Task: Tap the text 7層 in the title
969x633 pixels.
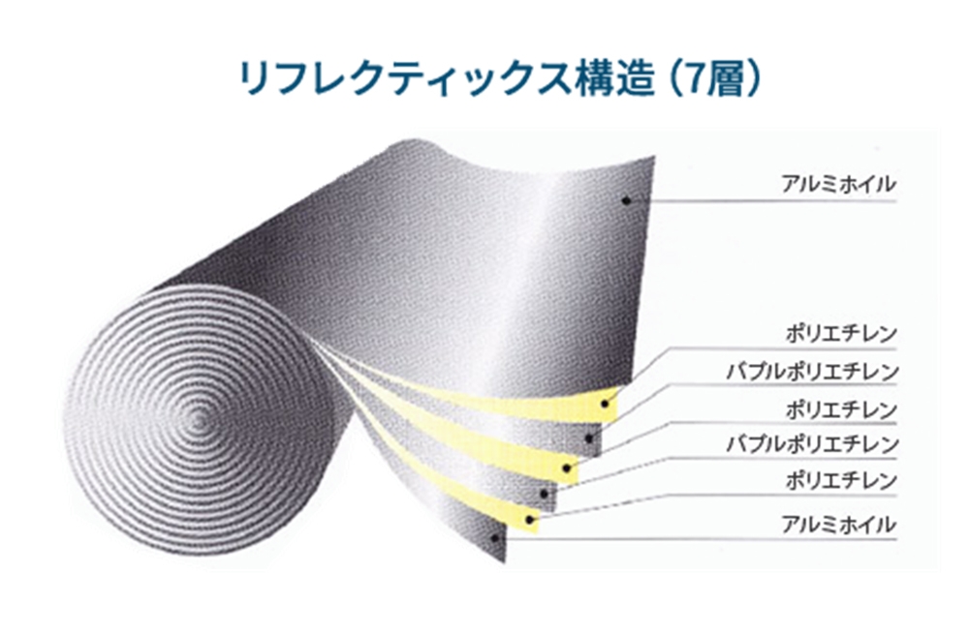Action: [715, 77]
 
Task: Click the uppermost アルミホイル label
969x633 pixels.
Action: [838, 184]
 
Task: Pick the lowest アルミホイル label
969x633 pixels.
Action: [838, 525]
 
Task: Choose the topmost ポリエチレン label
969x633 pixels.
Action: [840, 334]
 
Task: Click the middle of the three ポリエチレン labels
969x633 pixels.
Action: [840, 409]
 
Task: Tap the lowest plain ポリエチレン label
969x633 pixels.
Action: [840, 480]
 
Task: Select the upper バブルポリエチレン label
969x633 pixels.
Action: [811, 372]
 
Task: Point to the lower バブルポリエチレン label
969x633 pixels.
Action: [811, 444]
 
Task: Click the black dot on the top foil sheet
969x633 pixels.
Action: [626, 200]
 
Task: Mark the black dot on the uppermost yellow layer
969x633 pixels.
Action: [605, 404]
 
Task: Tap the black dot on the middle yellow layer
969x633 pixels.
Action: [567, 468]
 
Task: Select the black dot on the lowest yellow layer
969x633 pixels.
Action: [530, 520]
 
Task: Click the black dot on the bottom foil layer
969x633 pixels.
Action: [494, 537]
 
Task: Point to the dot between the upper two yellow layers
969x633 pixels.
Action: [589, 438]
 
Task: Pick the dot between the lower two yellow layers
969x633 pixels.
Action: [544, 494]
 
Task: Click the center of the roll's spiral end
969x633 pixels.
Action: [198, 422]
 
